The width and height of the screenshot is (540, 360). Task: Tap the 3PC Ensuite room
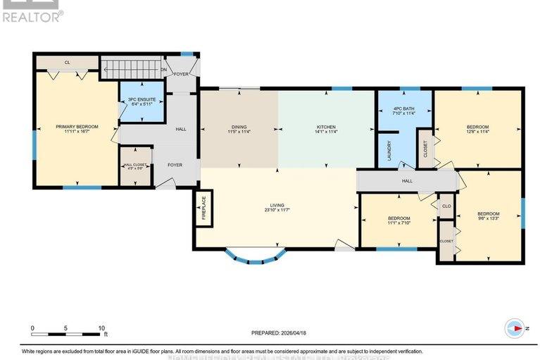pyautogui.click(x=141, y=101)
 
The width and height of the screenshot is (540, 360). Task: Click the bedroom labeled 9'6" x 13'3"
pyautogui.click(x=488, y=216)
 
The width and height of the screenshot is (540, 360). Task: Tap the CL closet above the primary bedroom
pyautogui.click(x=68, y=63)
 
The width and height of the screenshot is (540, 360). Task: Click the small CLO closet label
pyautogui.click(x=446, y=206)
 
